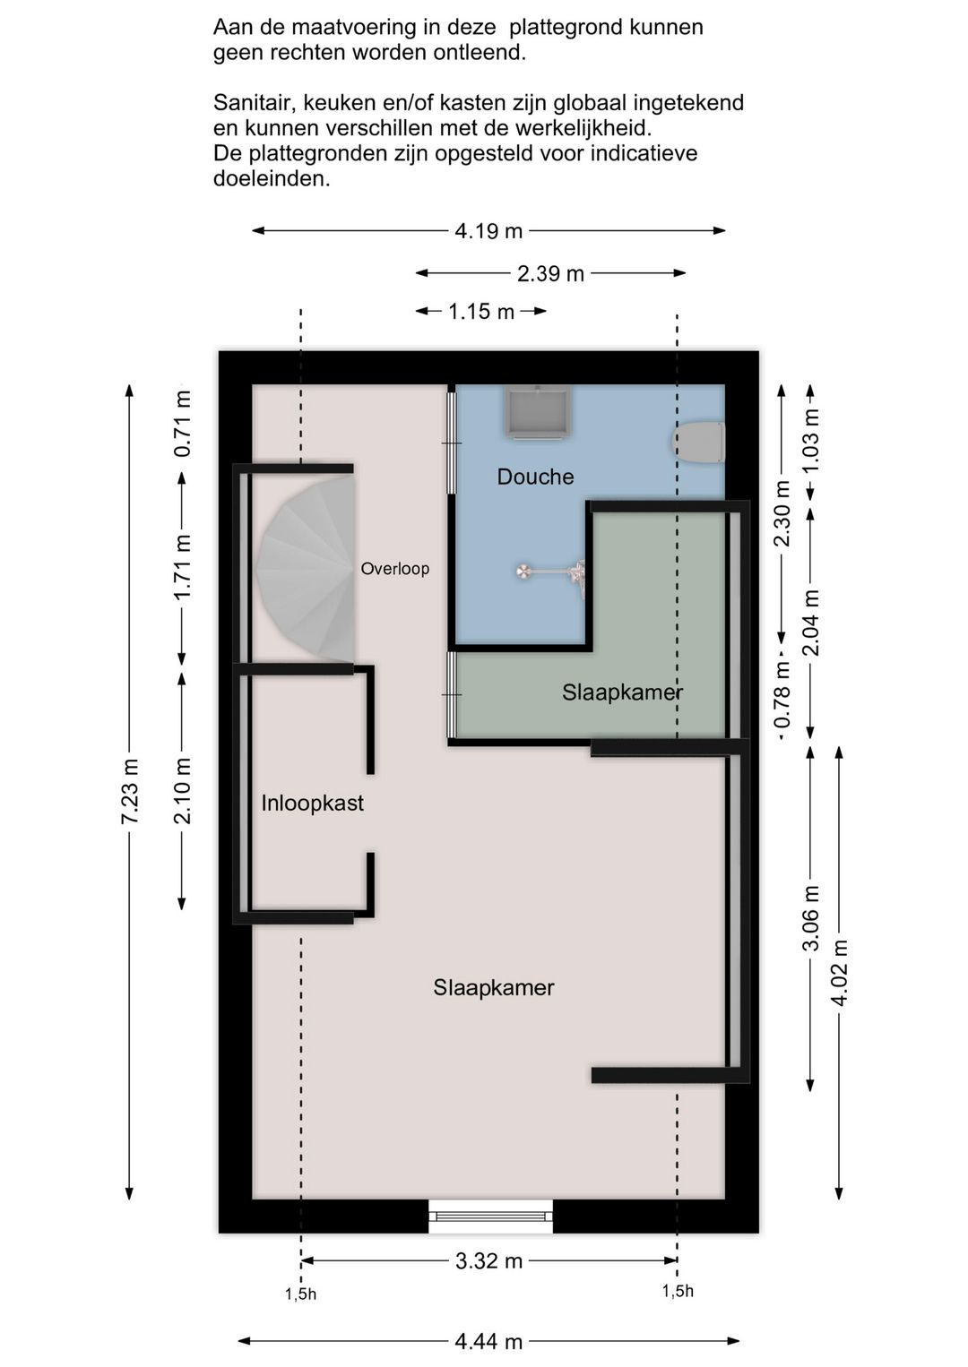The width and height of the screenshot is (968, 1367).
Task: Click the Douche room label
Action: click(535, 477)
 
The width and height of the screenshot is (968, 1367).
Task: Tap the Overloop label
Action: click(394, 569)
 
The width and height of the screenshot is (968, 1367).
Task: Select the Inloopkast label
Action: click(312, 803)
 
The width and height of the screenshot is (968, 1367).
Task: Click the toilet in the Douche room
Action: click(698, 442)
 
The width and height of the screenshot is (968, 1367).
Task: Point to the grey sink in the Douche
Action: click(538, 412)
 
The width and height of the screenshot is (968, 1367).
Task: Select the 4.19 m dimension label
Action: click(488, 231)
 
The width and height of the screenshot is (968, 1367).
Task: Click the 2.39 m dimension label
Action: click(550, 274)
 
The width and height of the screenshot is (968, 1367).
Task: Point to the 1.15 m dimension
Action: click(481, 312)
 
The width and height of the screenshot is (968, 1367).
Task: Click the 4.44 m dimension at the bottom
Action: click(488, 1342)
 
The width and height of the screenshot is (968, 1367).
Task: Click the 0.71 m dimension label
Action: click(183, 424)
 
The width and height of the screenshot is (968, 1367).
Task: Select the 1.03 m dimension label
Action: click(810, 440)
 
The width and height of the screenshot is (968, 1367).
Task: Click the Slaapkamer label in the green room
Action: click(622, 692)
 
